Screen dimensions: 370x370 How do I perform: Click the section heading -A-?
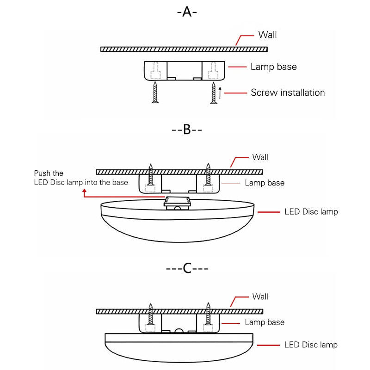(x=187, y=12)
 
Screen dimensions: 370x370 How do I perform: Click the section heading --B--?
(x=187, y=129)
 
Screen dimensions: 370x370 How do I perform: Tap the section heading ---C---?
(x=187, y=268)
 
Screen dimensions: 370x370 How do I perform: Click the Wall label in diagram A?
(x=267, y=35)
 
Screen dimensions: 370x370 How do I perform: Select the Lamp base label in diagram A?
(x=273, y=67)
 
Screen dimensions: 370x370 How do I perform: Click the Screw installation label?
(x=288, y=92)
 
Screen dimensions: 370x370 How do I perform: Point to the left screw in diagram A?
(x=155, y=92)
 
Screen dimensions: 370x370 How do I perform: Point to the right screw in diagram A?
(x=213, y=92)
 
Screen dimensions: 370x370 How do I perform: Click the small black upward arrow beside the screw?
(x=221, y=92)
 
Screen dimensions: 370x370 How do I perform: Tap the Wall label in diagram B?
(x=260, y=157)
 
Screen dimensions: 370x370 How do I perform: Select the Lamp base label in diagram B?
(x=265, y=183)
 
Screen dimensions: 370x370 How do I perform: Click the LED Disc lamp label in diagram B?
(x=311, y=212)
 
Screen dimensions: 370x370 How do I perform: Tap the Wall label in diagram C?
(x=260, y=296)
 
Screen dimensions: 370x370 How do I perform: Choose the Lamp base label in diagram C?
(x=265, y=322)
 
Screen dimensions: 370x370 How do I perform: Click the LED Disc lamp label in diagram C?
(x=311, y=345)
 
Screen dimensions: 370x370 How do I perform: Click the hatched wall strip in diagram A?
(x=184, y=49)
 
